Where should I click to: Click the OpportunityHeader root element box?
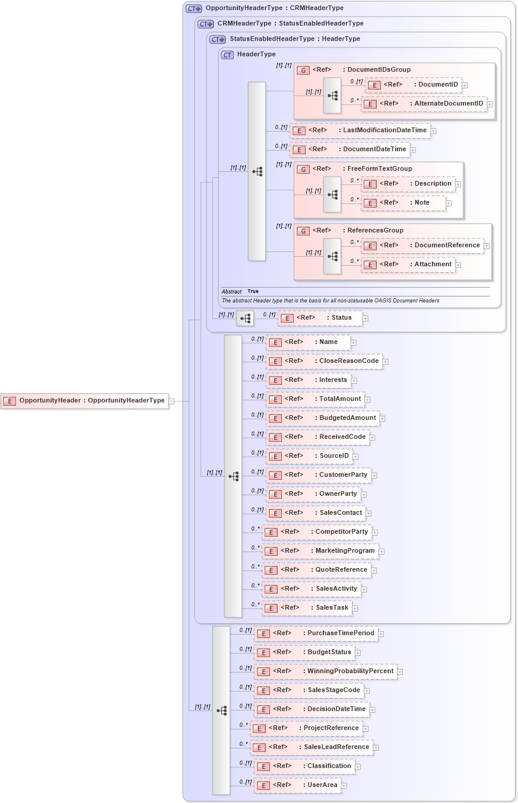tap(84, 401)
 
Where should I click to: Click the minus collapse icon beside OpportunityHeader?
tap(171, 401)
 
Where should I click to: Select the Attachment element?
tap(408, 265)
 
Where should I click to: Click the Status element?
tap(320, 318)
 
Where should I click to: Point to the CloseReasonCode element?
tap(324, 361)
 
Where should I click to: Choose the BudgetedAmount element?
tap(323, 418)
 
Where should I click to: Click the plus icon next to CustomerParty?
tap(374, 476)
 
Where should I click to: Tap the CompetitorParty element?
tap(317, 532)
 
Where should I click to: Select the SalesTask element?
tap(307, 608)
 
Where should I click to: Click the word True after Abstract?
tap(253, 292)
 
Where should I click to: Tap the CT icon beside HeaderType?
tap(227, 55)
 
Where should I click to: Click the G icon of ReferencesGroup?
tap(303, 231)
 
